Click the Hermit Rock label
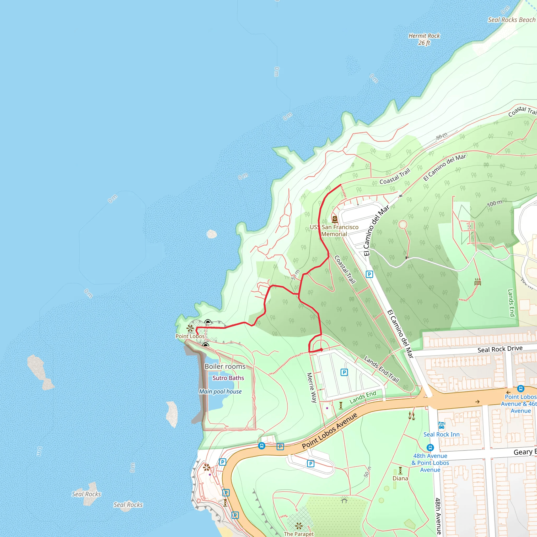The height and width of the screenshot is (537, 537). pyautogui.click(x=424, y=39)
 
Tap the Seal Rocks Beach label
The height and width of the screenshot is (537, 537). pyautogui.click(x=511, y=20)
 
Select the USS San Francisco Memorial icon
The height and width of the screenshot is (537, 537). pyautogui.click(x=335, y=219)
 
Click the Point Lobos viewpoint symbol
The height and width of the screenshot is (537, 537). pyautogui.click(x=190, y=329)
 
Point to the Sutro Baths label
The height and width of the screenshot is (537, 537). pyautogui.click(x=228, y=378)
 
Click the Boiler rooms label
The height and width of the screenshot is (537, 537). pyautogui.click(x=225, y=367)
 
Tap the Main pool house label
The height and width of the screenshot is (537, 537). pyautogui.click(x=220, y=392)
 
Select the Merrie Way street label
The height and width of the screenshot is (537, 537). pyautogui.click(x=312, y=388)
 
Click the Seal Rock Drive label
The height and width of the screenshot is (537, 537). pyautogui.click(x=500, y=349)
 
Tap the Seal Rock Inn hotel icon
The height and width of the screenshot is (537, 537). pyautogui.click(x=441, y=426)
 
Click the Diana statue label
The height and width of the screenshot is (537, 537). pyautogui.click(x=400, y=478)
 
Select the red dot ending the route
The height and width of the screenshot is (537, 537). pyautogui.click(x=321, y=350)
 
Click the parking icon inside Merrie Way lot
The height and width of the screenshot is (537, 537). pyautogui.click(x=344, y=372)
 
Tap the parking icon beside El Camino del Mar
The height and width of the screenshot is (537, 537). pyautogui.click(x=369, y=274)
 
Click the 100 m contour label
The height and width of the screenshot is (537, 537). pyautogui.click(x=495, y=203)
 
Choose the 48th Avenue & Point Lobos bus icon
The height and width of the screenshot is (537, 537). pyautogui.click(x=430, y=448)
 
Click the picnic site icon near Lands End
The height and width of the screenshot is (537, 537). pyautogui.click(x=477, y=282)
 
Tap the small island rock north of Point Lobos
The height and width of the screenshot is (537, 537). pyautogui.click(x=212, y=234)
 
